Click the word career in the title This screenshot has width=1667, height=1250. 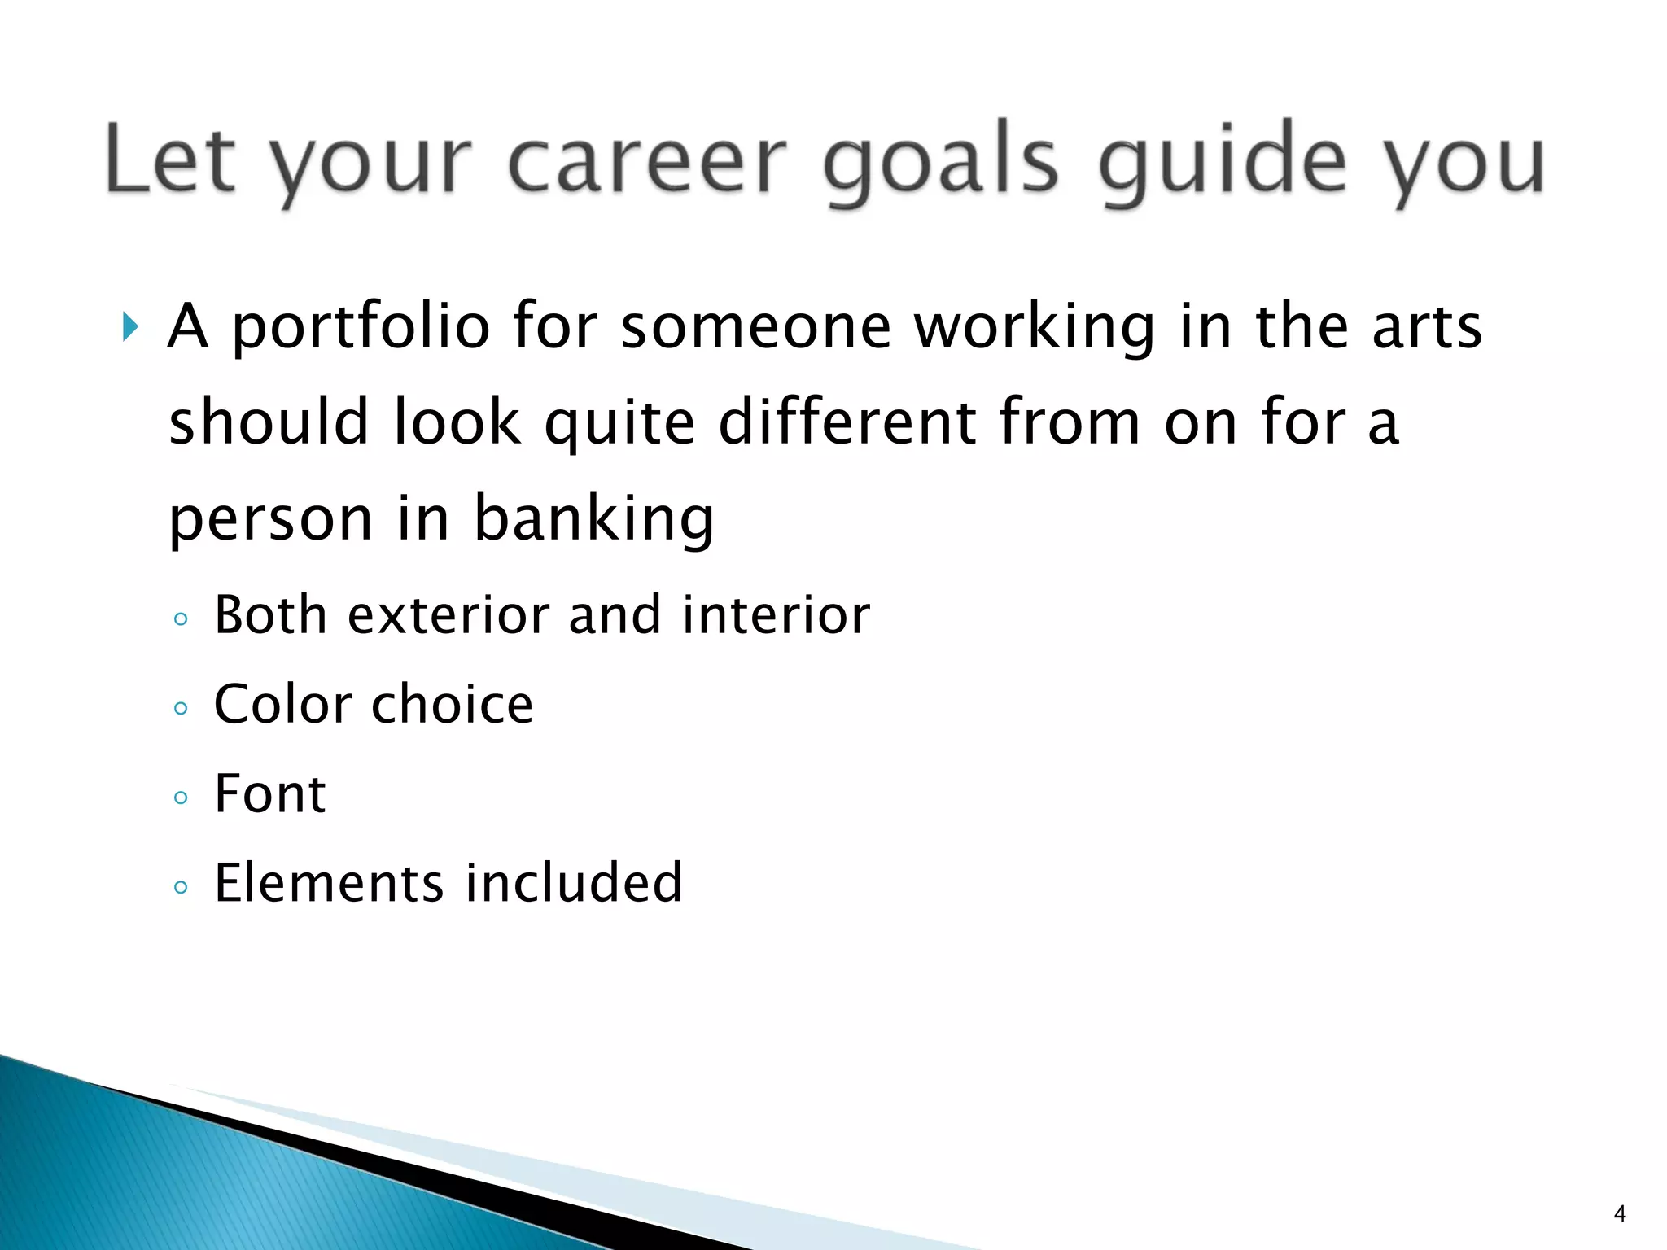coord(647,161)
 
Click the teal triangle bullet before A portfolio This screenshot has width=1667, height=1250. coord(130,326)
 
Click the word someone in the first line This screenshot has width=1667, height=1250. coord(756,326)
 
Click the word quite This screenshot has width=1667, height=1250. coord(619,423)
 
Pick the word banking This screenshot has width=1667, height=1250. coord(594,519)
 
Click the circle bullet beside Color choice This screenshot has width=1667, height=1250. coord(181,708)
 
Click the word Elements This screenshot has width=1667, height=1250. coord(329,883)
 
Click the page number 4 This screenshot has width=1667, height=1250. coord(1620,1214)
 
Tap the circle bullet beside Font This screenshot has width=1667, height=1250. coord(181,798)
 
